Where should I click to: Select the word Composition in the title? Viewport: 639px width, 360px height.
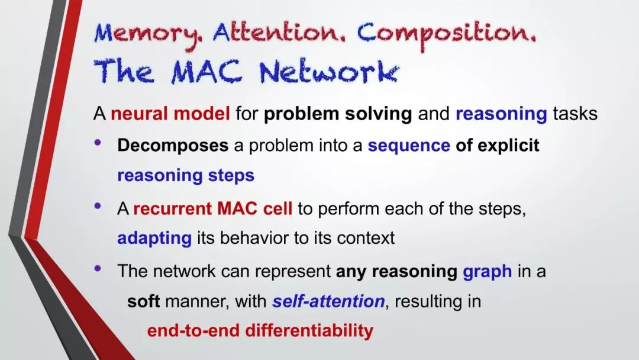[446, 35]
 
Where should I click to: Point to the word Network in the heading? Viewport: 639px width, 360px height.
[328, 72]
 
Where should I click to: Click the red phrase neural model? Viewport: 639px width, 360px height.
[170, 113]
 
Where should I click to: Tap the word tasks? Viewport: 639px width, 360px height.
[575, 114]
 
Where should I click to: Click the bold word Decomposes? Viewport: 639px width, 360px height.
[173, 146]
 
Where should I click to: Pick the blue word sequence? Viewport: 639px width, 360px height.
[409, 146]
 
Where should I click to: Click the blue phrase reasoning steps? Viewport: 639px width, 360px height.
[186, 176]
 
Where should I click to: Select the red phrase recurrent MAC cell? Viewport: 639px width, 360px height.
[213, 209]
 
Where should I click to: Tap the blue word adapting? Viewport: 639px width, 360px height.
[154, 238]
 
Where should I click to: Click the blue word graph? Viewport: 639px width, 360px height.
[488, 272]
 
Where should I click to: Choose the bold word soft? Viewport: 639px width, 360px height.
[143, 301]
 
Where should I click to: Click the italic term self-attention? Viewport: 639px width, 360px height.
[328, 301]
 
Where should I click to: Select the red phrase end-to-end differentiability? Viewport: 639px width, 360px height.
[260, 330]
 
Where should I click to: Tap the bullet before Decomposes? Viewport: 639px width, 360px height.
[98, 142]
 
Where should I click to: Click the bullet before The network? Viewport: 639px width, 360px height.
[98, 268]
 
